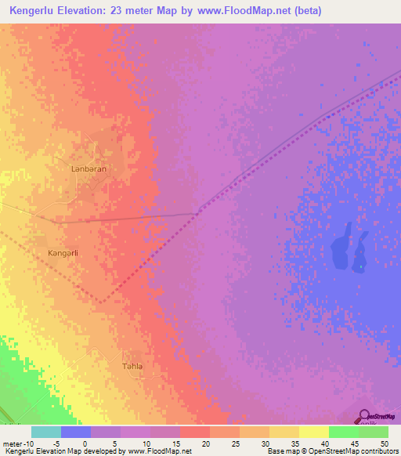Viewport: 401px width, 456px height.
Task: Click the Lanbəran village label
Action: click(x=89, y=168)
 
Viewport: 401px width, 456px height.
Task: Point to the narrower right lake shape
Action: click(x=360, y=251)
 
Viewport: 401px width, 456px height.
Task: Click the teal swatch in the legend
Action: click(x=46, y=432)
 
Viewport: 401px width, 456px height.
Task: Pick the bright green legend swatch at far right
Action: click(x=374, y=432)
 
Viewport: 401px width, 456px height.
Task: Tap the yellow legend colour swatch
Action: click(x=314, y=432)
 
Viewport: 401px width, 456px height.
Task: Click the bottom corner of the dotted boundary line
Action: click(x=102, y=302)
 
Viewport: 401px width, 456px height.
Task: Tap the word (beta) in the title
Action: click(x=304, y=11)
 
